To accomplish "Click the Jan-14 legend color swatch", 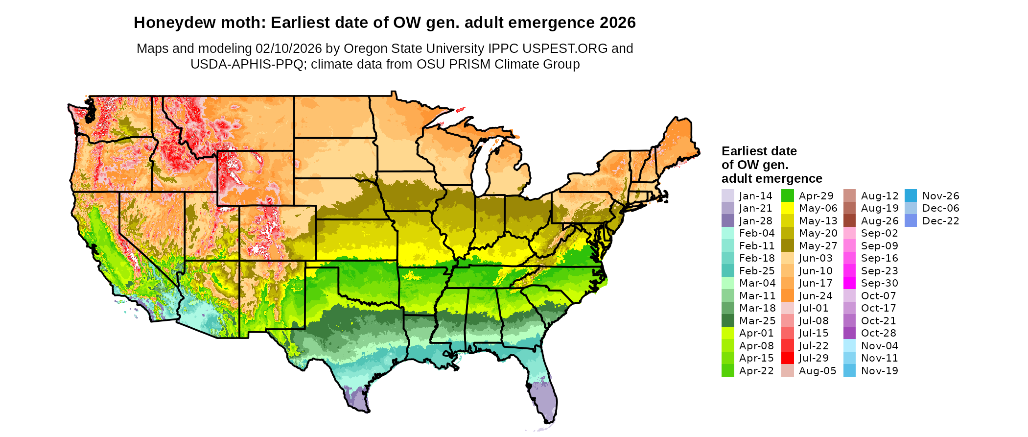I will tap(728, 196).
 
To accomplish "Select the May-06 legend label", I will tap(818, 208).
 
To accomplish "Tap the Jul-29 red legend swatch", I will tap(788, 358).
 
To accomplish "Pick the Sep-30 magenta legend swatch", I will tap(850, 283).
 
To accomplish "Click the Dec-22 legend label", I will tap(940, 221).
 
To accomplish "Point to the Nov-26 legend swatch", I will tap(911, 196).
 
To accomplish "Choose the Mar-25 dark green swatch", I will tap(728, 321).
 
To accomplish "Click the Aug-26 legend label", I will tap(880, 221).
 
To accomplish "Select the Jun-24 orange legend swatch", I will tap(788, 296).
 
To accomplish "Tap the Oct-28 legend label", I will tap(878, 333).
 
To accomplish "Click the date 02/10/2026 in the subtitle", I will tap(288, 49).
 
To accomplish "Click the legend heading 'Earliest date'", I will tap(759, 151).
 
